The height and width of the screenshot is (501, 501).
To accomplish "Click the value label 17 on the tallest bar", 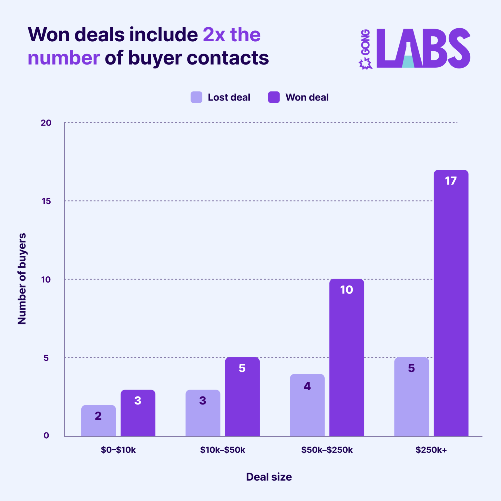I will pyautogui.click(x=451, y=181).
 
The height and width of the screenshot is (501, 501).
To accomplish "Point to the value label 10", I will pyautogui.click(x=346, y=290).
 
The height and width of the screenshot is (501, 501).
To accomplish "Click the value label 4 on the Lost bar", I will pyautogui.click(x=307, y=386).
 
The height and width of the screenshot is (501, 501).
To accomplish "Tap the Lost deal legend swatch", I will pyautogui.click(x=196, y=97).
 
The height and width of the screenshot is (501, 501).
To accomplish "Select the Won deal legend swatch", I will pyautogui.click(x=274, y=97).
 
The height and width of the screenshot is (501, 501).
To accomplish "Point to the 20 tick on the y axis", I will pyautogui.click(x=46, y=123).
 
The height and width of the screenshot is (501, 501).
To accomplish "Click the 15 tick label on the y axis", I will pyautogui.click(x=46, y=201).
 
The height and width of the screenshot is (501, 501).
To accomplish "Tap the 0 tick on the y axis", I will pyautogui.click(x=46, y=435).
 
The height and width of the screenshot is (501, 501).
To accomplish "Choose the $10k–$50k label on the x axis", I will pyautogui.click(x=223, y=450).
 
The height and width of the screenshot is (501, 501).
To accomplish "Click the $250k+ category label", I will pyautogui.click(x=431, y=450).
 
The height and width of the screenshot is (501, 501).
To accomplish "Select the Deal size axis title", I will pyautogui.click(x=269, y=477).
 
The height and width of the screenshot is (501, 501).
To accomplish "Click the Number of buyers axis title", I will pyautogui.click(x=22, y=279).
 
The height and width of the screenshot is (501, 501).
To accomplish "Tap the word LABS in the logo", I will pyautogui.click(x=423, y=48).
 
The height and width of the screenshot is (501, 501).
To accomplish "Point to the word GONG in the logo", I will pyautogui.click(x=366, y=42).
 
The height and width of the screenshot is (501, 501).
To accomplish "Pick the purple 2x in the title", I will pyautogui.click(x=214, y=35).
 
